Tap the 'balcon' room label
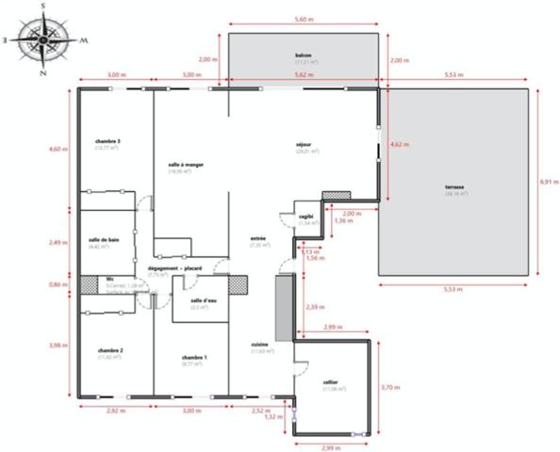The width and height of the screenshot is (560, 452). pyautogui.click(x=303, y=56)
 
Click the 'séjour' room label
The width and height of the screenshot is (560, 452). pyautogui.click(x=303, y=145)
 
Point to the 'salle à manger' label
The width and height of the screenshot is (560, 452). pyautogui.click(x=187, y=164)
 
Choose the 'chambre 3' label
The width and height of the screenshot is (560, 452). pyautogui.click(x=107, y=141)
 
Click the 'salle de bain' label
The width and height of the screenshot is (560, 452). pyautogui.click(x=104, y=240)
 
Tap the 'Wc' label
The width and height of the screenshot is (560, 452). pyautogui.click(x=110, y=279)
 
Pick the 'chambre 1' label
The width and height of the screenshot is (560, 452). pyautogui.click(x=194, y=358)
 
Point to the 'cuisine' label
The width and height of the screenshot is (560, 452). pyautogui.click(x=261, y=345)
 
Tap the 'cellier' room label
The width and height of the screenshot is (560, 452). pyautogui.click(x=331, y=382)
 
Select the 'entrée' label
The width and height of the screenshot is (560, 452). pyautogui.click(x=256, y=238)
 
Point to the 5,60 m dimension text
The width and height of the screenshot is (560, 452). pyautogui.click(x=303, y=21)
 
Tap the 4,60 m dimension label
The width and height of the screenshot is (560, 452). pyautogui.click(x=58, y=149)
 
